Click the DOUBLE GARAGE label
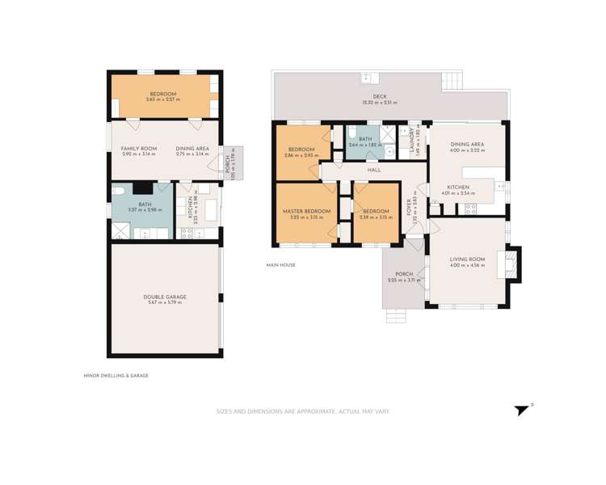[x=165, y=297]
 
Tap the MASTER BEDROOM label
[x=306, y=211]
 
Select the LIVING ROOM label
[x=467, y=259]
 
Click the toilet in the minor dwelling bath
[x=118, y=192]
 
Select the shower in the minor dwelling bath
[x=121, y=232]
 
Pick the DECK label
[x=380, y=97]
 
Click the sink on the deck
[x=370, y=78]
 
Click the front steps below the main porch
[x=396, y=315]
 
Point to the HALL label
[x=374, y=171]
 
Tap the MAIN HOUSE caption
[x=281, y=265]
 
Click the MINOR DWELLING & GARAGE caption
[x=116, y=375]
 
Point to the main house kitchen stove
[x=469, y=209]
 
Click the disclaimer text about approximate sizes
[x=302, y=411]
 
